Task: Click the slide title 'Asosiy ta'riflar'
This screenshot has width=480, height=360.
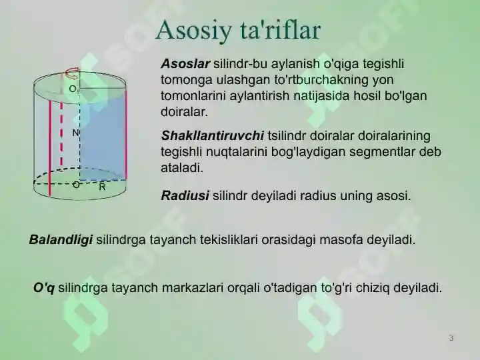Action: tap(238, 30)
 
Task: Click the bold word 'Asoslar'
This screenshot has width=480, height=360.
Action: tap(185, 64)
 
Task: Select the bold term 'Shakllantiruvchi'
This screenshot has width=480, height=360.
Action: tap(213, 136)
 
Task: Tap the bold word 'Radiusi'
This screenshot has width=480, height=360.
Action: tap(185, 196)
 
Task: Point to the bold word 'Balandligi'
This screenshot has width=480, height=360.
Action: tap(61, 239)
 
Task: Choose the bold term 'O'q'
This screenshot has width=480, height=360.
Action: tap(44, 288)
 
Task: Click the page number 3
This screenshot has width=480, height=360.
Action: tap(451, 338)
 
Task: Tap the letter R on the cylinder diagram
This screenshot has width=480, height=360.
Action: tap(102, 188)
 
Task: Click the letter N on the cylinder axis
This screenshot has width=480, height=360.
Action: tap(75, 133)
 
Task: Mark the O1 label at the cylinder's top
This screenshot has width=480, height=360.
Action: tap(73, 89)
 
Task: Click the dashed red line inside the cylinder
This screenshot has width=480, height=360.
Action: tap(61, 133)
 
